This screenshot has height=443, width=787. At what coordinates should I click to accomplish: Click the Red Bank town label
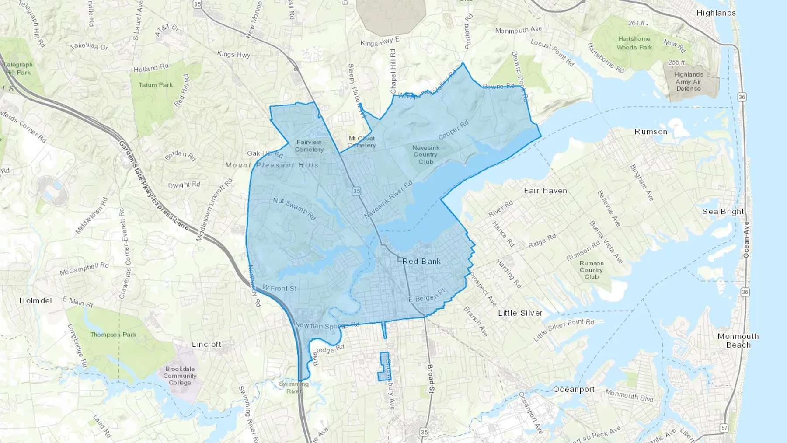(421, 262)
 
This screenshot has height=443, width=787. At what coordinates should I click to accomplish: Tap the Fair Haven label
(545, 191)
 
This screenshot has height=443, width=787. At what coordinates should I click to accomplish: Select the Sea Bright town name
(723, 212)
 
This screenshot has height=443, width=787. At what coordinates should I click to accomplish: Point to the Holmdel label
(35, 301)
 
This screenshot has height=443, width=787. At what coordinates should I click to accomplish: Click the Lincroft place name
(206, 344)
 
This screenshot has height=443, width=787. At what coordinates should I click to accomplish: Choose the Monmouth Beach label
(738, 340)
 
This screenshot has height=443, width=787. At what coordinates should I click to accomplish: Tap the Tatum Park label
(156, 85)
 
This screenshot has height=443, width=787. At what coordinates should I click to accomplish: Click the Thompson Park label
(113, 335)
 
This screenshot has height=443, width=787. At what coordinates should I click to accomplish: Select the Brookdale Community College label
(180, 376)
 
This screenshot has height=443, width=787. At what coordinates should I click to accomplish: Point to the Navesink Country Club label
(425, 154)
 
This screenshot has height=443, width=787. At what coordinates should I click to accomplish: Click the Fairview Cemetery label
(309, 146)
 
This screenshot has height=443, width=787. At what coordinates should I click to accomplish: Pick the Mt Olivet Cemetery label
(362, 142)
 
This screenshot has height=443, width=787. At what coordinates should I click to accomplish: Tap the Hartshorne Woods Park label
(634, 43)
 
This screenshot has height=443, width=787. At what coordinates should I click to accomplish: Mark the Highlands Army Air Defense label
(688, 81)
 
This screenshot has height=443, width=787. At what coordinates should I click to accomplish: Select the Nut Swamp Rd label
(294, 209)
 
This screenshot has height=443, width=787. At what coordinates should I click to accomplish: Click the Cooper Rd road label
(453, 130)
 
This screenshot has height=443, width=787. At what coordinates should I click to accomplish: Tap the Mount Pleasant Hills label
(272, 165)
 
